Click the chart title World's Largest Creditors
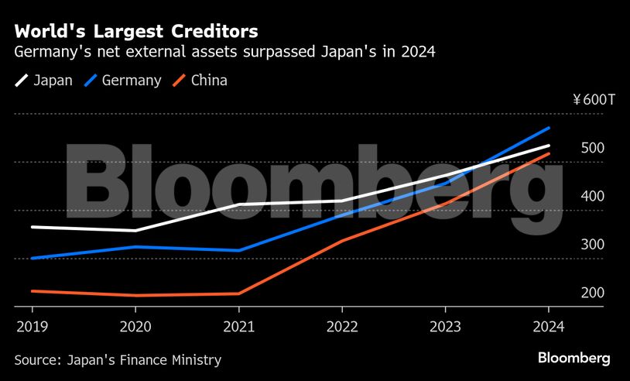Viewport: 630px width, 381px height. coord(135,32)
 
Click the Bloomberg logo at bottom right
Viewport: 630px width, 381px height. coord(574,358)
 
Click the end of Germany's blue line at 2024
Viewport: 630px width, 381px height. coord(549,128)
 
